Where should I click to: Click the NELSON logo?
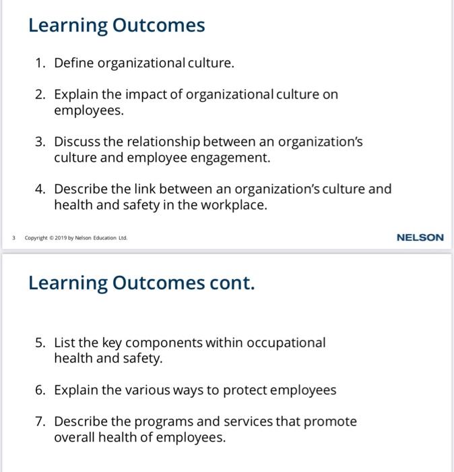click(x=420, y=237)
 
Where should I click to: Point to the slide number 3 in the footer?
click(x=13, y=238)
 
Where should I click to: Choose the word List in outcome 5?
click(x=65, y=343)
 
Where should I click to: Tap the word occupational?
click(x=286, y=343)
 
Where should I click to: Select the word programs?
click(x=164, y=421)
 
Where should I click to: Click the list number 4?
click(x=40, y=189)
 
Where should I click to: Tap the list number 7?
click(x=40, y=421)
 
